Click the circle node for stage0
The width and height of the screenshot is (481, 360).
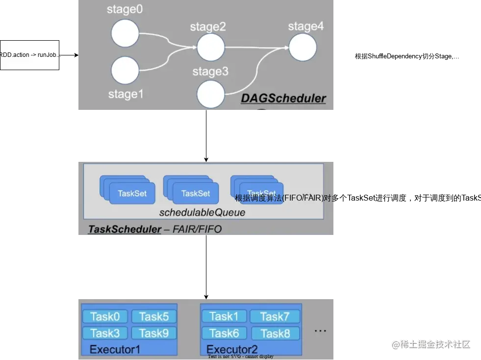pos(125,34)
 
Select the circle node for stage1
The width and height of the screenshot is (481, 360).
pos(125,70)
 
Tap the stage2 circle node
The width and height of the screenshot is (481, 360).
pos(211,48)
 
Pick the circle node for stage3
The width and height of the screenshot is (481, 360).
pos(210,94)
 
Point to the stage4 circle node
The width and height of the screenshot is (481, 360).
pos(303,48)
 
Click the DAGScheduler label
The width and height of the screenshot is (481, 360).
pos(283,99)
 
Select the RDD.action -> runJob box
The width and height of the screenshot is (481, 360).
pos(29,55)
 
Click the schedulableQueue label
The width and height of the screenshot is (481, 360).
pos(202,213)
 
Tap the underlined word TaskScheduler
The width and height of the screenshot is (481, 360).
pos(125,229)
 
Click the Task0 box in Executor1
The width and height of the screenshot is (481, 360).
pos(105,317)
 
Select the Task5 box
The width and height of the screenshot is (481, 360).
pos(154,317)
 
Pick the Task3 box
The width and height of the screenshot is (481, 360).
pos(105,334)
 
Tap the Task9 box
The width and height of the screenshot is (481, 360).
pos(154,334)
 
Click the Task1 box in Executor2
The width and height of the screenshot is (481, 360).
pos(224,316)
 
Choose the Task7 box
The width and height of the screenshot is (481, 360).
pos(275,316)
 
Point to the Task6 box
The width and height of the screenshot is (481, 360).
pos(224,334)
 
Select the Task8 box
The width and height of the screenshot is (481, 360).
pos(275,334)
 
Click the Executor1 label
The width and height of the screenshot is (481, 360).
pos(115,350)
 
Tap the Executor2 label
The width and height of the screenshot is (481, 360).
pos(232,350)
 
